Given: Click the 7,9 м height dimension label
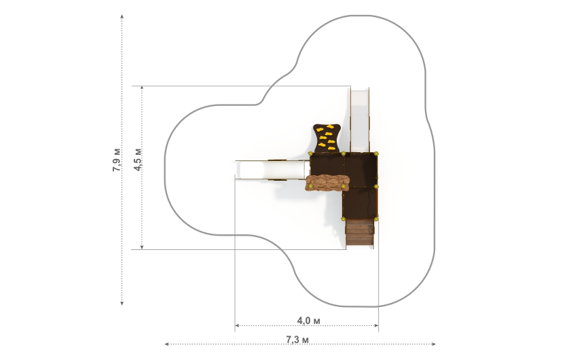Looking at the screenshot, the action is (x=117, y=160).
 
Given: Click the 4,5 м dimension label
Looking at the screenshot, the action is (x=138, y=160).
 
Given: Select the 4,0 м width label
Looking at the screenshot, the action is (x=308, y=321).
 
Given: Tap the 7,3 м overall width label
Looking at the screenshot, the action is (x=297, y=340).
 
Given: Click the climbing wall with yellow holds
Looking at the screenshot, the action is (x=327, y=138).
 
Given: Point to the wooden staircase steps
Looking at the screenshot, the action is (x=360, y=232).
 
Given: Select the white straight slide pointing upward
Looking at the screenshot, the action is (x=359, y=120).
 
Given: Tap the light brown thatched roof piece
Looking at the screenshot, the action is (x=327, y=183).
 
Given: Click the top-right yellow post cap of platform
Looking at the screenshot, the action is (x=376, y=154).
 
